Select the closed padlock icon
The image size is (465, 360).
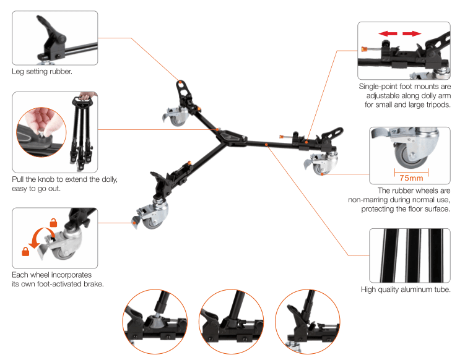pos(25,251)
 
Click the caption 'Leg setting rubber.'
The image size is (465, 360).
pos(42,71)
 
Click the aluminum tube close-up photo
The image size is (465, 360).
pos(409,255)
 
